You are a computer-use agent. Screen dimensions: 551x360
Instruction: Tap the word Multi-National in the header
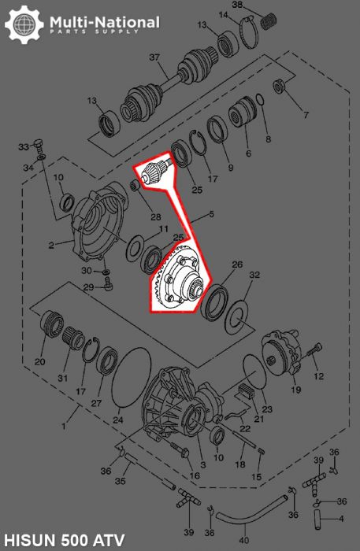pyautogui.click(x=104, y=21)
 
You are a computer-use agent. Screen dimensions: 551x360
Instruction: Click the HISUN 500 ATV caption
pyautogui.click(x=60, y=539)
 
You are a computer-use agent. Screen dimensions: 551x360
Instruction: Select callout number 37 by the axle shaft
pyautogui.click(x=154, y=57)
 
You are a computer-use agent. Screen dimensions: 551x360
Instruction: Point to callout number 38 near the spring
pyautogui.click(x=238, y=6)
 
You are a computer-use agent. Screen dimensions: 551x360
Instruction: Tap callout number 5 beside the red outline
pyautogui.click(x=211, y=214)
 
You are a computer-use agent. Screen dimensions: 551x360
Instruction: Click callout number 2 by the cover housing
pyautogui.click(x=51, y=245)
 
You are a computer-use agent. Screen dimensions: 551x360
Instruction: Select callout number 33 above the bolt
pyautogui.click(x=24, y=146)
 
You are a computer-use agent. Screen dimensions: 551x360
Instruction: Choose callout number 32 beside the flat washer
pyautogui.click(x=254, y=275)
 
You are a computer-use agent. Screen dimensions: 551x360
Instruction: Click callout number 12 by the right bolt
pyautogui.click(x=318, y=377)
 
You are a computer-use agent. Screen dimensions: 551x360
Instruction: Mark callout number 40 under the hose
pyautogui.click(x=243, y=540)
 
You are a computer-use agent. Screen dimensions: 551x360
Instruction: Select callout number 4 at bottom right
pyautogui.click(x=340, y=519)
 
